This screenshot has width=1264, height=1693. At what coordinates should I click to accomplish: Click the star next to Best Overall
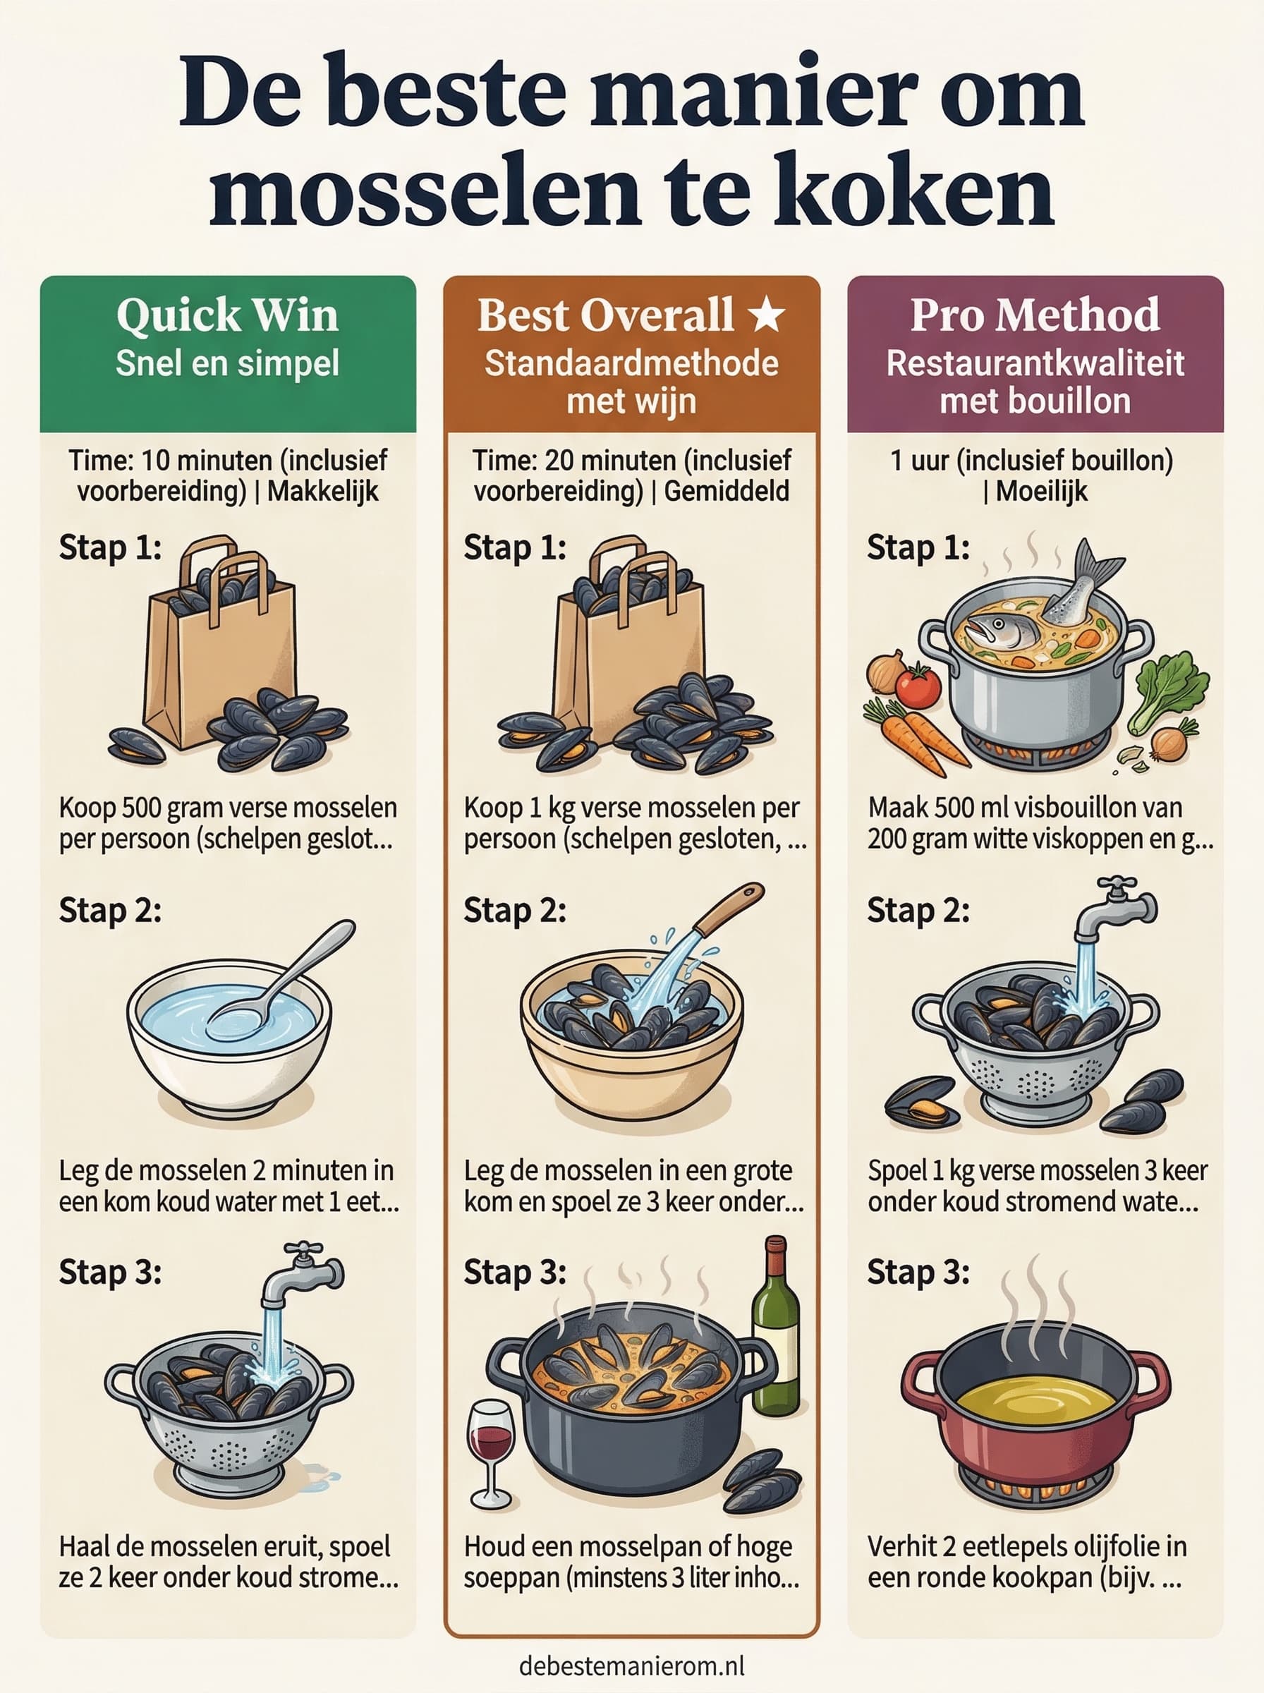(766, 315)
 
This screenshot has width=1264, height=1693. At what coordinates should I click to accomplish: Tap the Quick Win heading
(227, 315)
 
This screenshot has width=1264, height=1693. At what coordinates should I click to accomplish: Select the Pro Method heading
(1035, 315)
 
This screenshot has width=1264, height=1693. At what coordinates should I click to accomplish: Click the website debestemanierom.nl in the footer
(631, 1665)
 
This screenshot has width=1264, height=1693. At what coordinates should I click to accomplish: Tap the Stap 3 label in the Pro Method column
(918, 1273)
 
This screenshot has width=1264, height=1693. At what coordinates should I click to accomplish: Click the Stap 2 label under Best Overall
(515, 911)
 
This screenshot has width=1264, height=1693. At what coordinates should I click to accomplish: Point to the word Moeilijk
(1042, 491)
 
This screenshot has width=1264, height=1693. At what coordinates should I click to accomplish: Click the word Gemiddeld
(726, 490)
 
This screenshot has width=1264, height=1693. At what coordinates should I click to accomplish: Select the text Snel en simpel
(227, 363)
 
